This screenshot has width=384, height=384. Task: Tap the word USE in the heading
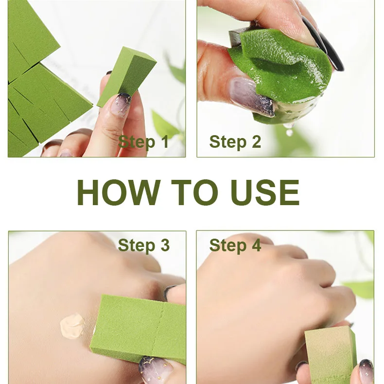click(265, 192)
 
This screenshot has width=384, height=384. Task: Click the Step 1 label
click(143, 142)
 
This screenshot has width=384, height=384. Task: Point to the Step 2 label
click(235, 142)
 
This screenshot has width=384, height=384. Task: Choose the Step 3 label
click(144, 245)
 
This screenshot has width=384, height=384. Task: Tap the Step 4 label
click(235, 245)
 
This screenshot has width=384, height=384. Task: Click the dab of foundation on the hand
click(72, 326)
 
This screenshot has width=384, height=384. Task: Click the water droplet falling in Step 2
click(290, 133)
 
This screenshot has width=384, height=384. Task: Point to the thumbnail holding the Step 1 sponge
click(121, 105)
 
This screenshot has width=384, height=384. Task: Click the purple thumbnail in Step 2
click(252, 97)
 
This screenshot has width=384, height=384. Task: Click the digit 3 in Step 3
click(165, 245)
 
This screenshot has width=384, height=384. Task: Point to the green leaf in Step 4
click(360, 289)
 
